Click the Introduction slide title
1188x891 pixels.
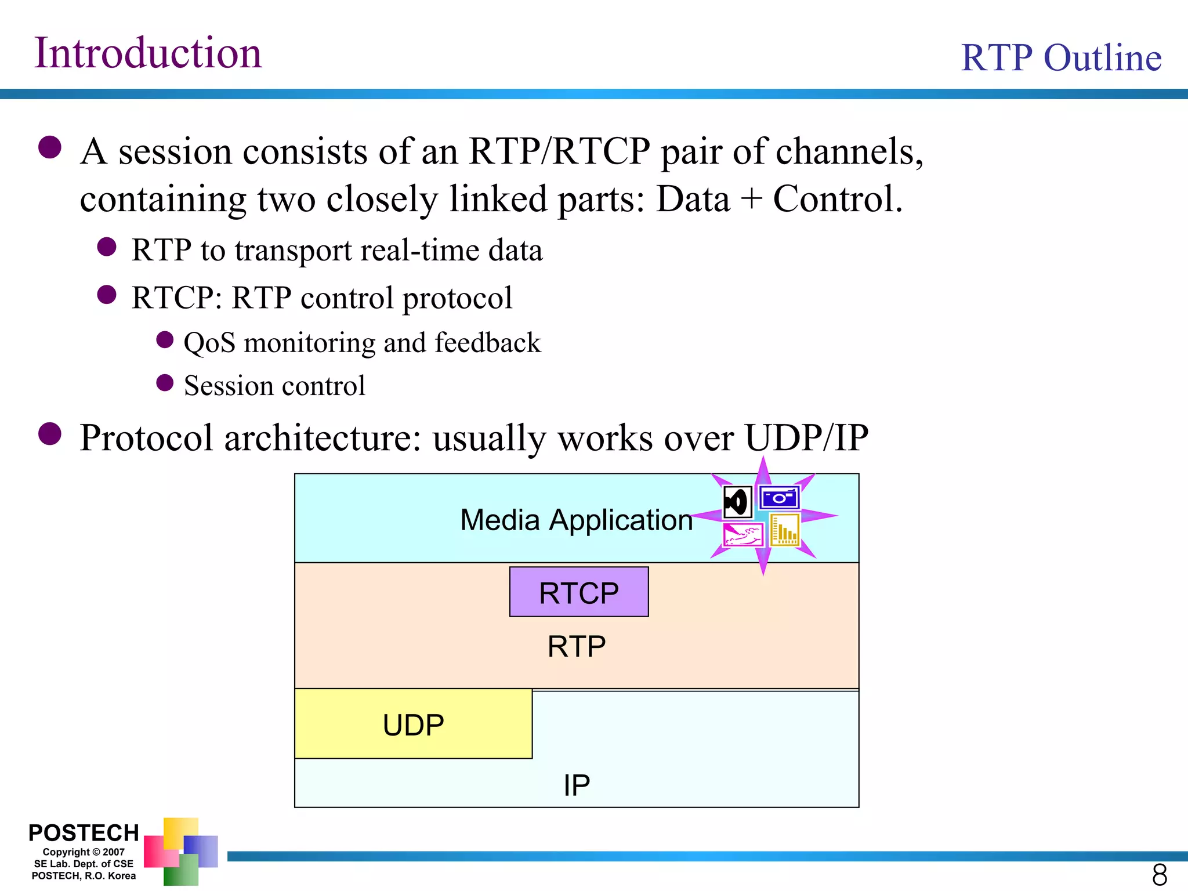click(148, 53)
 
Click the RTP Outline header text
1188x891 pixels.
click(1061, 58)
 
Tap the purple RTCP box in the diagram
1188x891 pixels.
click(578, 592)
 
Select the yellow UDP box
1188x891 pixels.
click(413, 725)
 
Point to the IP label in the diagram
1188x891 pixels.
click(577, 785)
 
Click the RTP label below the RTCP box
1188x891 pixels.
click(577, 646)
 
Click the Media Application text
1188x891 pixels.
click(576, 520)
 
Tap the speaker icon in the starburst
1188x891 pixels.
click(737, 502)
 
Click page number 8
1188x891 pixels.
click(1159, 875)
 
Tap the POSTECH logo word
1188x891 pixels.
click(84, 833)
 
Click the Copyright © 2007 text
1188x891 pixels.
click(84, 852)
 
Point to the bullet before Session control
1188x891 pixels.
click(165, 383)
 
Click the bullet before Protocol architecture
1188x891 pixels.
click(50, 434)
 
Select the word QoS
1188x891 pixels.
click(209, 343)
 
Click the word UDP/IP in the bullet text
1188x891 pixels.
click(806, 437)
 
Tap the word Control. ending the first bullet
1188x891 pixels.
click(837, 199)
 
